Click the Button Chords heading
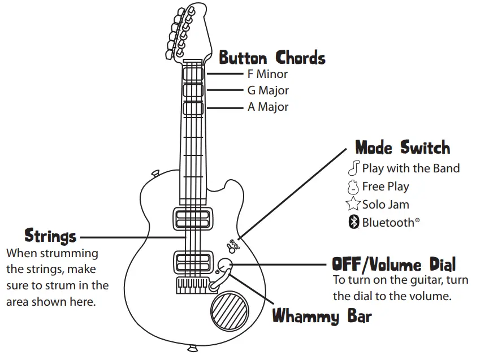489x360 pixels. [272, 58]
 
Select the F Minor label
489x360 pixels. [267, 74]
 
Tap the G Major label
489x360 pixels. [268, 90]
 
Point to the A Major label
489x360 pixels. [268, 107]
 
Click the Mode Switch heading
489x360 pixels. [403, 148]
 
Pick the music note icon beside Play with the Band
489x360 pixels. [354, 168]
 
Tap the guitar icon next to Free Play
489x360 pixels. [354, 186]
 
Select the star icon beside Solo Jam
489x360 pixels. [354, 205]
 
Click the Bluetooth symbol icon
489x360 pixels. [354, 222]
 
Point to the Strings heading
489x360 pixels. [50, 236]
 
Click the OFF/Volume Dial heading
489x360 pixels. [393, 264]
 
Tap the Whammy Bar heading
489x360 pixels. [322, 315]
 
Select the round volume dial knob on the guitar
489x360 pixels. [226, 264]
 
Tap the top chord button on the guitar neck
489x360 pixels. [193, 73]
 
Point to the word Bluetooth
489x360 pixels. [388, 222]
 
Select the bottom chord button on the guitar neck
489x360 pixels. [193, 107]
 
